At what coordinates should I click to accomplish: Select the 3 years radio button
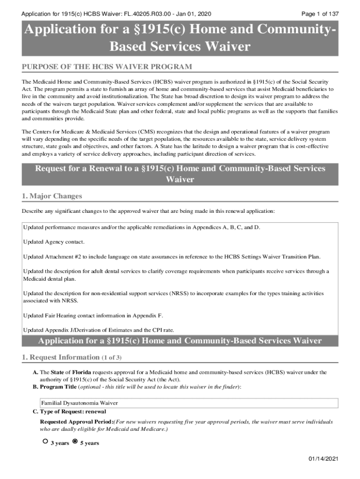click(45, 441)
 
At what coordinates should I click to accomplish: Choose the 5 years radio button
click(75, 441)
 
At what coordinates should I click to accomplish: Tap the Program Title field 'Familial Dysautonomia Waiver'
click(79, 403)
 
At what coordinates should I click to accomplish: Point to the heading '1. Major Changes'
click(52, 196)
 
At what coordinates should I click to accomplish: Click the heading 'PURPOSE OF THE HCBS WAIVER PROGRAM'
click(107, 67)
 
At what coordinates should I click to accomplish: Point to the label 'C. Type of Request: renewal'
click(69, 412)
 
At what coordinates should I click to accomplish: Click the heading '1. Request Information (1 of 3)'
click(72, 357)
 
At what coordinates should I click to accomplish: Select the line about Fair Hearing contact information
click(93, 315)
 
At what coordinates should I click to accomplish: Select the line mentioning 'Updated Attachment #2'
click(172, 257)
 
